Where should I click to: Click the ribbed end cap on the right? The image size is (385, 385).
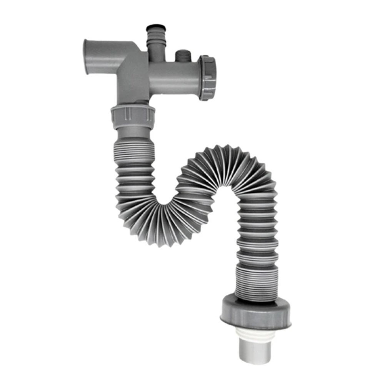(208, 78)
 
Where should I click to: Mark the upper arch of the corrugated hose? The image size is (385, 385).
(227, 165)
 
